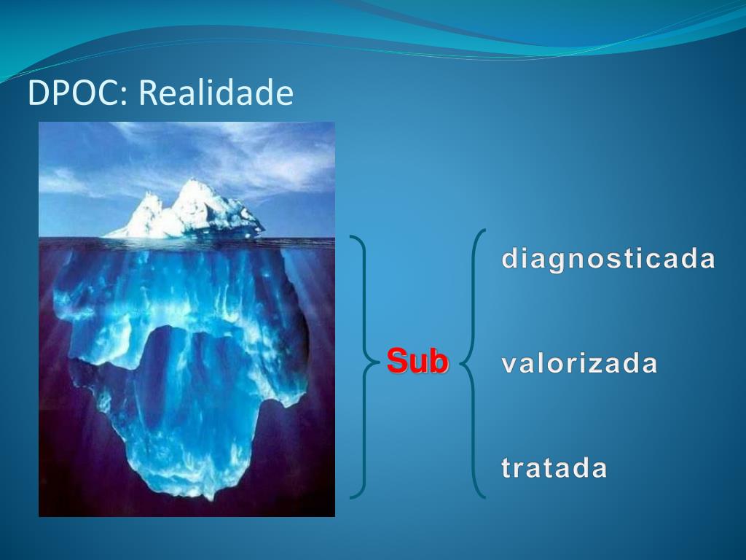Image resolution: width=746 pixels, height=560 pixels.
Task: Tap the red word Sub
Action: [x=417, y=361]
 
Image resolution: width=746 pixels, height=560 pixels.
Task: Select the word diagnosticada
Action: [x=608, y=259]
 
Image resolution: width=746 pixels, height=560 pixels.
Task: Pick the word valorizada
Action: [x=579, y=363]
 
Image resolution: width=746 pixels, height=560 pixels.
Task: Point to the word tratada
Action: [x=554, y=467]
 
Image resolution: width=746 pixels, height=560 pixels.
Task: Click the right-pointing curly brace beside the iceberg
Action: [x=365, y=367]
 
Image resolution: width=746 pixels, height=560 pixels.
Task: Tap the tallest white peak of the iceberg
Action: [x=193, y=182]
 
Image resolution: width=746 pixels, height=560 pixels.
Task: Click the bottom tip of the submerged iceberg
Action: [x=208, y=497]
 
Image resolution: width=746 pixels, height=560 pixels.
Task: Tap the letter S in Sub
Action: [x=397, y=361]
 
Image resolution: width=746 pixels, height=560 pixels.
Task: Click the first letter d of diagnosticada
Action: [x=511, y=257]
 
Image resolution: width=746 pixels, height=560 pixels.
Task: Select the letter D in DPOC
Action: [x=39, y=93]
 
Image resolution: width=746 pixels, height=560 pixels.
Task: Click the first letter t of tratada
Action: [x=507, y=467]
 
